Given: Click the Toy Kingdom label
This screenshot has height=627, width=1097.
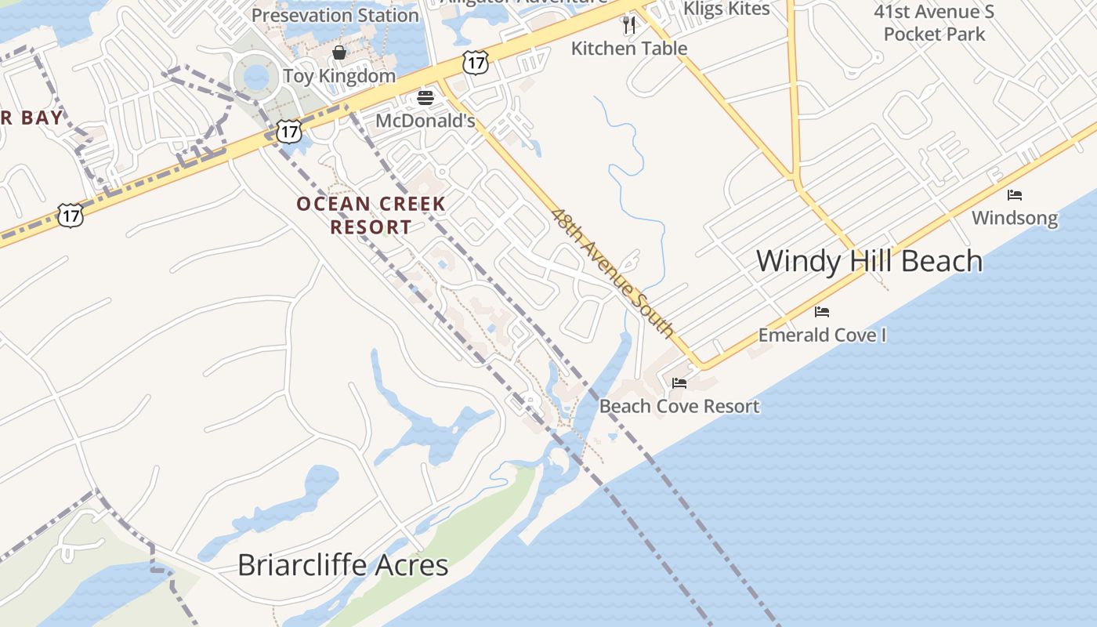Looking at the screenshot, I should point(339,76).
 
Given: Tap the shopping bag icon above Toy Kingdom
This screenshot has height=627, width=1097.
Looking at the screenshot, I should point(339,53).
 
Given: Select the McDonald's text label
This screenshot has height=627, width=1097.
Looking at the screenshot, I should point(425,121).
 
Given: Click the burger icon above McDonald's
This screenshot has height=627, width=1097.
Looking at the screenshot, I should point(425,98).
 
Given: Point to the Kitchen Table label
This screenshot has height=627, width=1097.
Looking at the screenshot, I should point(628,49).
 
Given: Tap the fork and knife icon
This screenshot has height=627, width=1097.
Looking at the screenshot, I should point(628,25).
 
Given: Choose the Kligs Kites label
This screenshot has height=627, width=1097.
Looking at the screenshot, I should point(726,9).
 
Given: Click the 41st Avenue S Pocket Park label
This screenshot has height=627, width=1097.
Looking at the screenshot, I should point(933,23).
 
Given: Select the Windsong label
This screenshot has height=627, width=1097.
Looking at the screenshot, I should point(1015,218).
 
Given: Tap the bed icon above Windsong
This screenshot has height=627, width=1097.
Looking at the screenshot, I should point(1015,194).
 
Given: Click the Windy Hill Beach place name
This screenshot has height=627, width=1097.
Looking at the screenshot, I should point(869,261).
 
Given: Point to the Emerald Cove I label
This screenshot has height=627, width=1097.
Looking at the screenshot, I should point(822,335).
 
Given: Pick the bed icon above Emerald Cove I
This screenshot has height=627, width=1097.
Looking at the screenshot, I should point(822,312).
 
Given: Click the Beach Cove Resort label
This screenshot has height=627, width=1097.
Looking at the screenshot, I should point(679,406).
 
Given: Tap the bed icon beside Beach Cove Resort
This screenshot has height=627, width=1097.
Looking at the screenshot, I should point(679,383).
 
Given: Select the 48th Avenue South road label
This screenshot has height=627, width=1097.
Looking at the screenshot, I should point(612,272).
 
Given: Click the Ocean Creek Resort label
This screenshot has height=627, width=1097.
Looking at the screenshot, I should point(371,216).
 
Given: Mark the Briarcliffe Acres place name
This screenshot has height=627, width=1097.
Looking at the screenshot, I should point(342,565).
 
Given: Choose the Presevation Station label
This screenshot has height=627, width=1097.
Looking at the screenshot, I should point(335,15).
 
